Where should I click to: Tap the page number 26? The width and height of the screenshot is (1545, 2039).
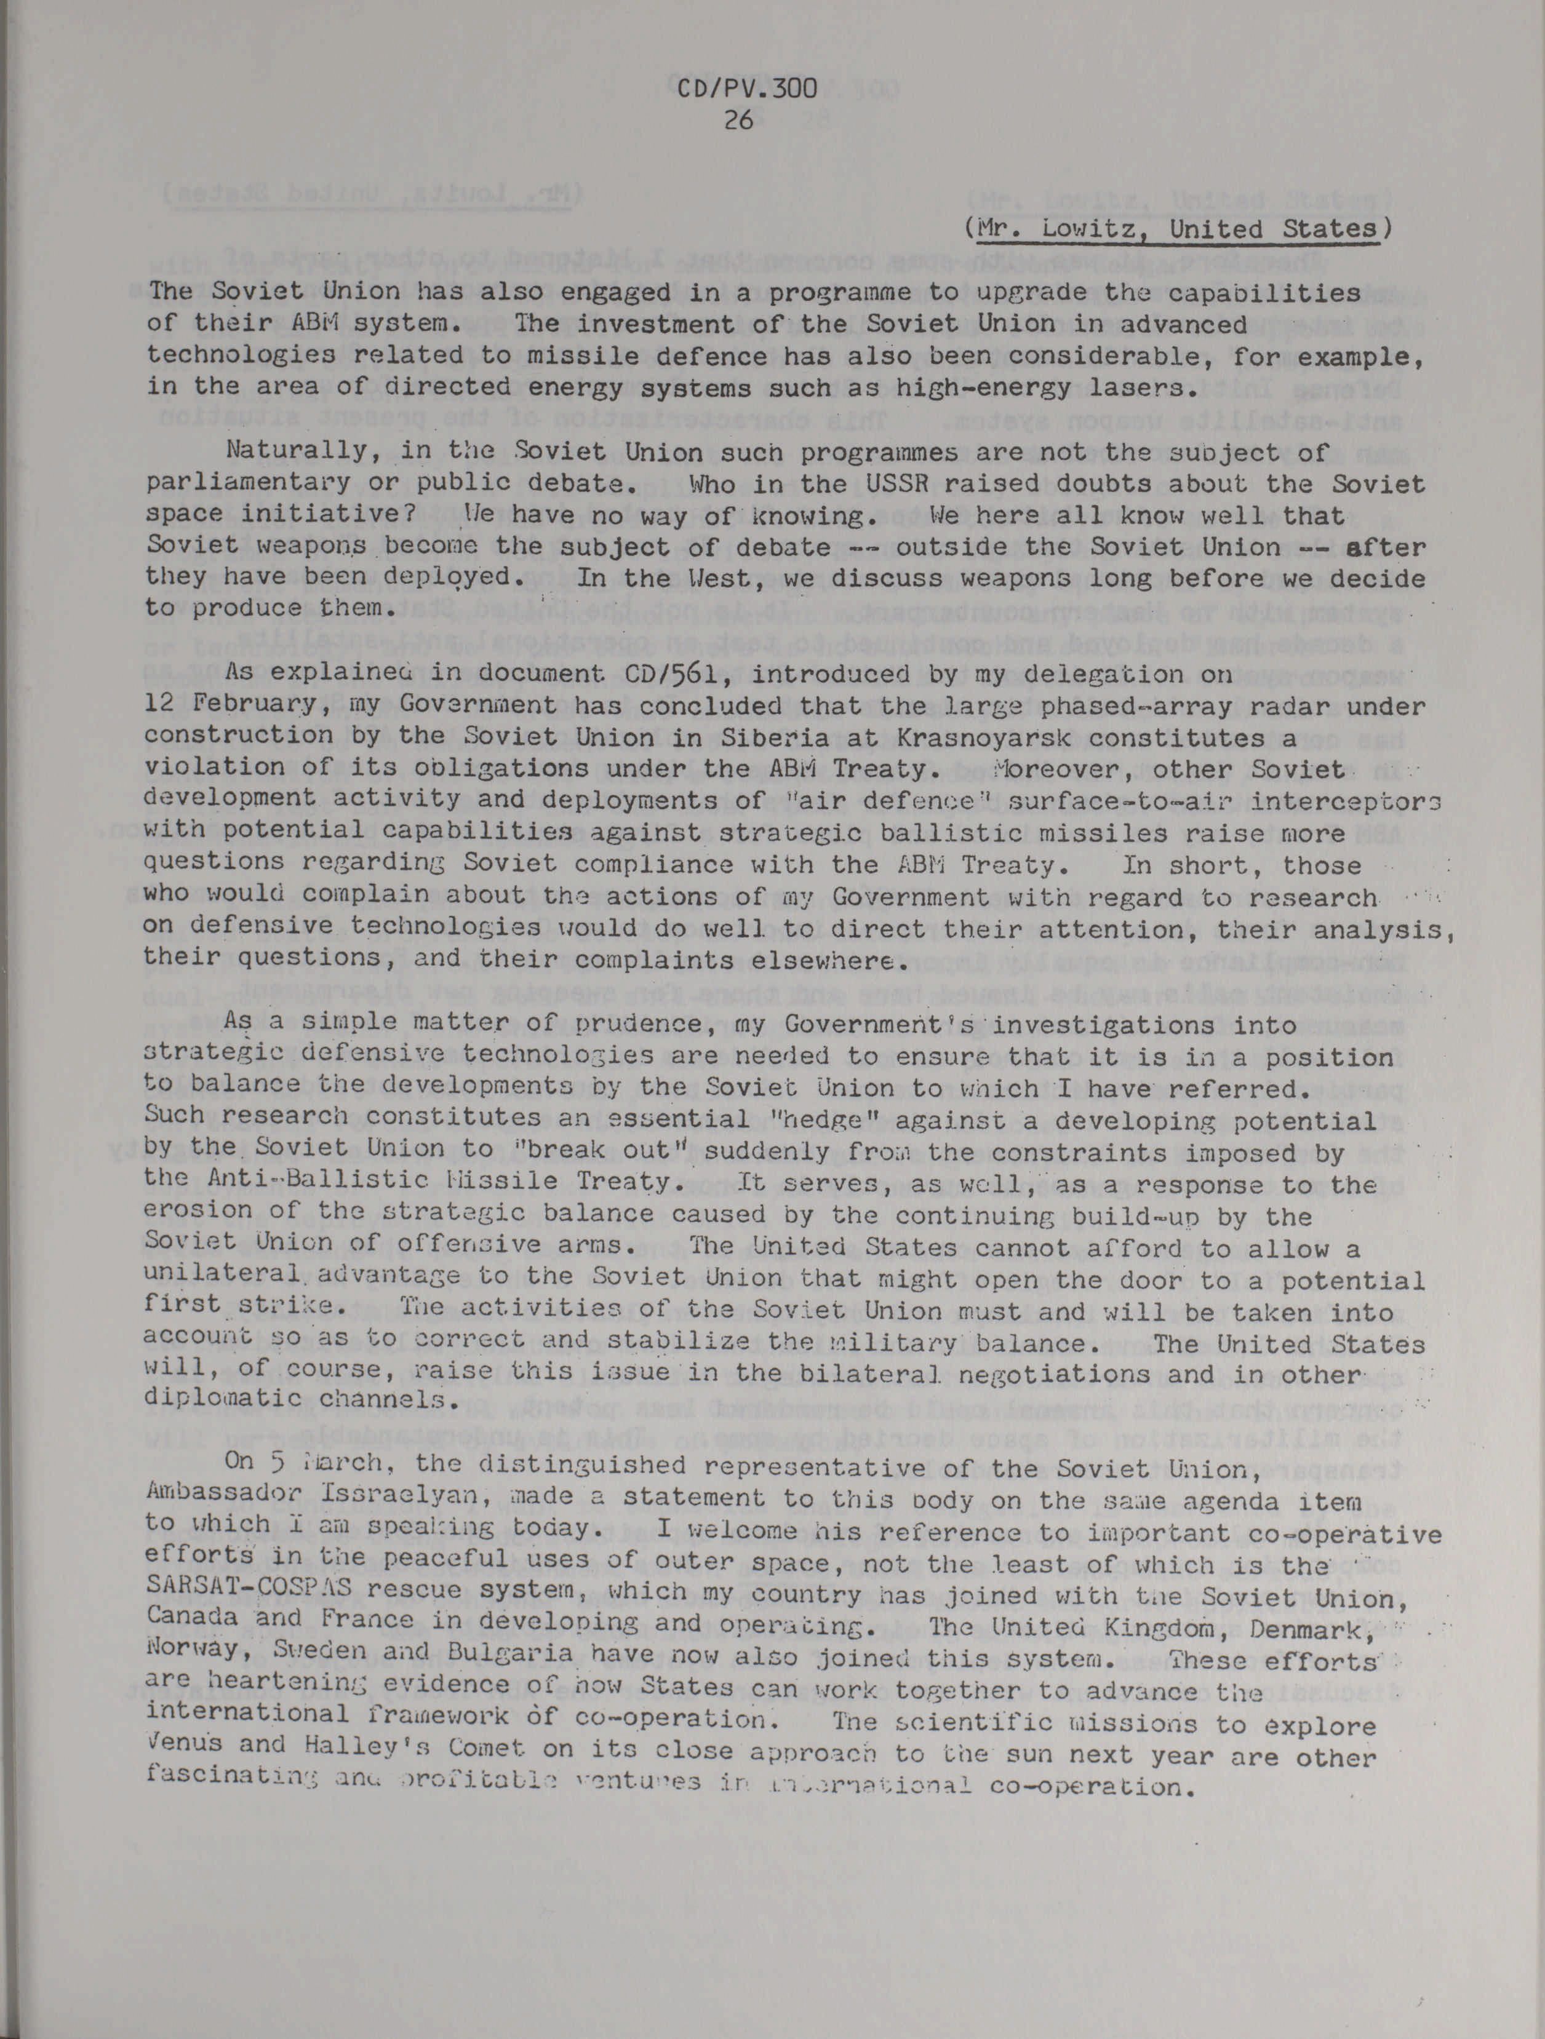[x=740, y=120]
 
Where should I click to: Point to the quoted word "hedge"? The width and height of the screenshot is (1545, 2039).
[x=886, y=1121]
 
